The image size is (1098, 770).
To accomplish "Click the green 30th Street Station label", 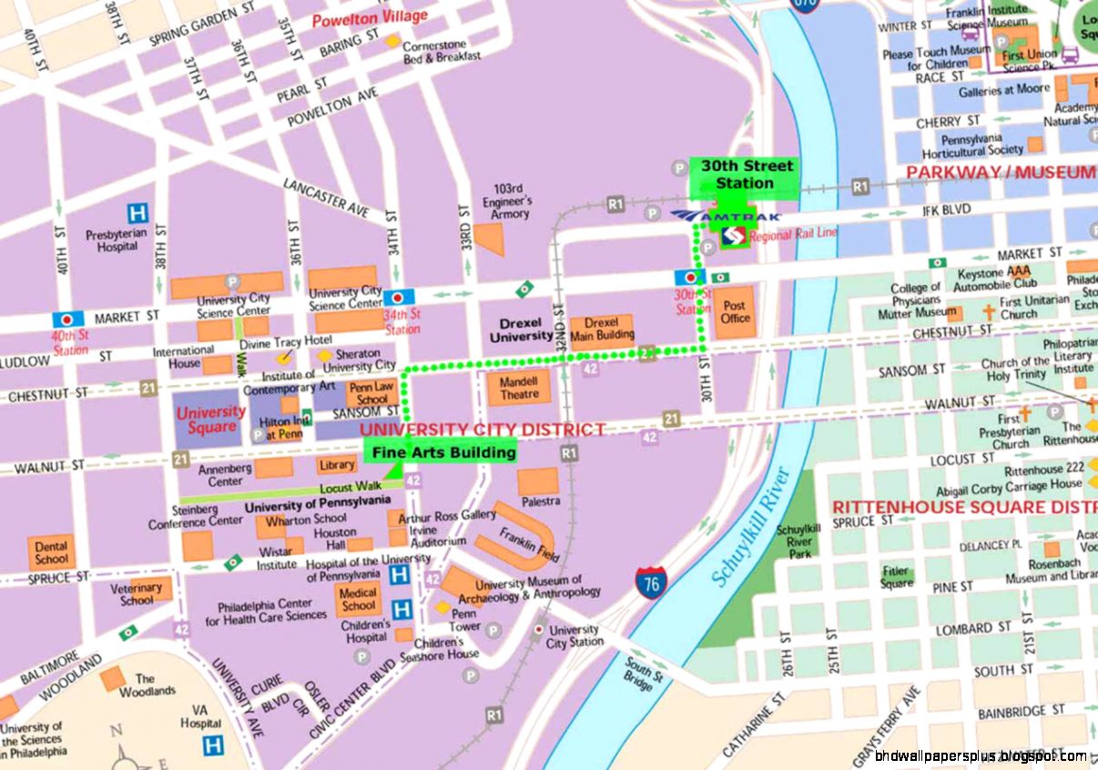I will (744, 175).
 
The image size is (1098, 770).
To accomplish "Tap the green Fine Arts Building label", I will (442, 452).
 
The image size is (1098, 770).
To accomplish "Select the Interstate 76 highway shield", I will (650, 583).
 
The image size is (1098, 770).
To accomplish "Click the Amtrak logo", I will (726, 216).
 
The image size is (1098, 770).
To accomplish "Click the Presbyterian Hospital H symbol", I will (137, 213).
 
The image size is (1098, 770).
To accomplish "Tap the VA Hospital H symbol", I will (212, 745).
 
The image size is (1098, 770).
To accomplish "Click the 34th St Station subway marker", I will (398, 298).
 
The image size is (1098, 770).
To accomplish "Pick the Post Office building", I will (735, 313).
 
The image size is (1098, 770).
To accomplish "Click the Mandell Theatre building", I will (519, 389).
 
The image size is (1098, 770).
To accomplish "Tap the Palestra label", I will (539, 502).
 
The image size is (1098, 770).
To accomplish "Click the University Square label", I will (210, 419).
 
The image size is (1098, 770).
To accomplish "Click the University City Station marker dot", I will (539, 630).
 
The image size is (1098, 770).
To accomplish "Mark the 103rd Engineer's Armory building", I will (489, 239).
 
